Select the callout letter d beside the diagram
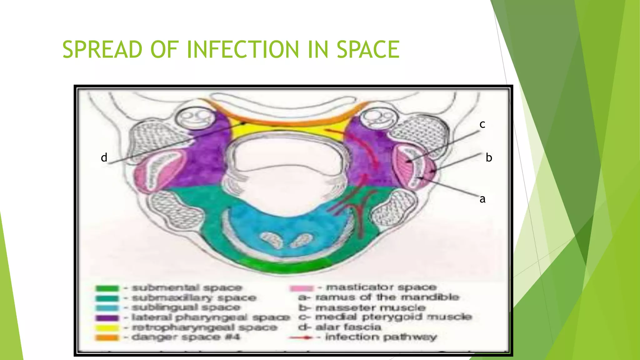[x=104, y=157]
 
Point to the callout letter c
[x=482, y=124]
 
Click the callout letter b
[x=489, y=157]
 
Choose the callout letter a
[x=482, y=199]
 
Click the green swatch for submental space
[x=107, y=288]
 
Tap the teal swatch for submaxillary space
[x=107, y=298]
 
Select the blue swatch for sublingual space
[x=107, y=308]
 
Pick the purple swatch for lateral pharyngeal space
[x=107, y=318]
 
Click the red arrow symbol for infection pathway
[x=301, y=338]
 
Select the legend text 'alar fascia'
[x=348, y=327]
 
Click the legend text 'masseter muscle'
[x=370, y=308]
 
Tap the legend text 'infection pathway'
[x=381, y=337]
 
